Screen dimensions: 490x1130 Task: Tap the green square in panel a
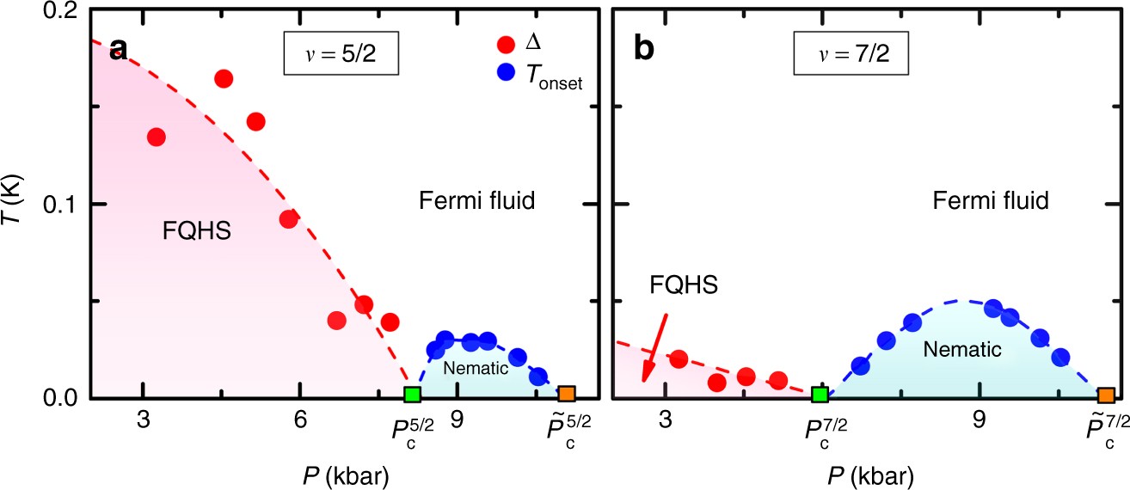412,395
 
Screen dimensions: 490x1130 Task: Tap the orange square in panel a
566,394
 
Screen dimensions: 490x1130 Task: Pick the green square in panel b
820,395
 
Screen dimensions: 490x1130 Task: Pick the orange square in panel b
1106,395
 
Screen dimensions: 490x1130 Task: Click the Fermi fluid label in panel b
990,202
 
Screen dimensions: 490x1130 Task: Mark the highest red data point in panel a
224,79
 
